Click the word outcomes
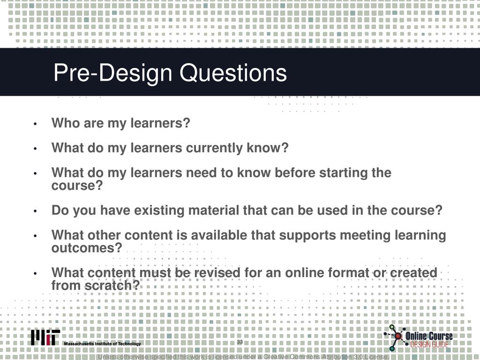tap(87, 248)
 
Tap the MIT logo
tap(45, 337)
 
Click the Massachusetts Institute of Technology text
tap(103, 344)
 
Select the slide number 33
tap(240, 342)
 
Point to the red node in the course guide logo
tap(398, 336)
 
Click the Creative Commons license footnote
tap(243, 357)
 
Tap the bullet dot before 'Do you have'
tap(35, 211)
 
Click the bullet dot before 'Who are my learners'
tap(35, 124)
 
